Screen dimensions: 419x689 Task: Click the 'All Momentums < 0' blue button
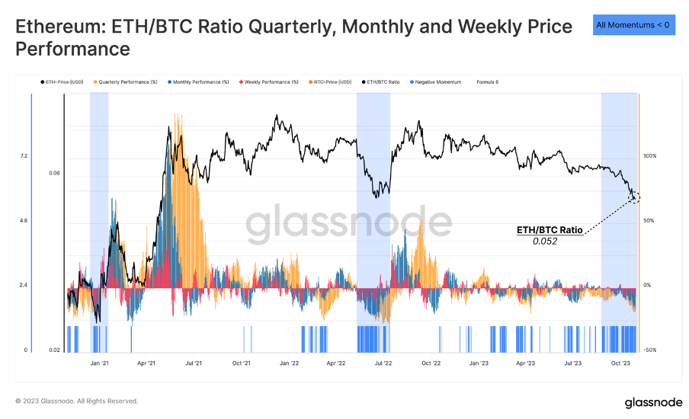633,24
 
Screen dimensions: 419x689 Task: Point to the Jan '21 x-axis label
99,363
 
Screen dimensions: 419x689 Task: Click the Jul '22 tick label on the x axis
383,363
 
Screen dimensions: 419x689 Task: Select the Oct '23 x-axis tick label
620,363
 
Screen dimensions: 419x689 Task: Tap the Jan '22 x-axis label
289,363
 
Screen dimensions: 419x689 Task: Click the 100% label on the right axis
649,155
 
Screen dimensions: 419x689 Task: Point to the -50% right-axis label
649,350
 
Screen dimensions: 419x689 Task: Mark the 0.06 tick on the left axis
54,173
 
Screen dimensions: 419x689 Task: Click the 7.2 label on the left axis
24,155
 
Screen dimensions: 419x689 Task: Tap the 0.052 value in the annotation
545,241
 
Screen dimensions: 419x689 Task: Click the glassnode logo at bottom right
648,401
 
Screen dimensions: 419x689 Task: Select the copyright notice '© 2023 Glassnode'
76,401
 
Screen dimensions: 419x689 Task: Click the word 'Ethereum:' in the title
60,27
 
